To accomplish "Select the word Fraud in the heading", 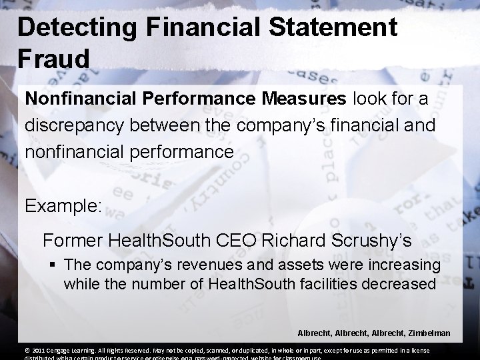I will (53, 59).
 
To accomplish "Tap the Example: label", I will (63, 205).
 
